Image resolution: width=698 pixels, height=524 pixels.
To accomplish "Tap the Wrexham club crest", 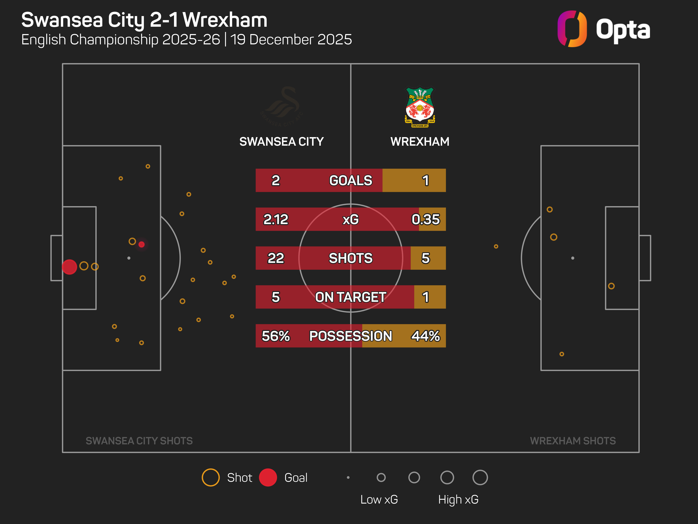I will pyautogui.click(x=420, y=107).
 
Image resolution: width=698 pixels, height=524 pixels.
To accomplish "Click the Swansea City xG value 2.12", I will pyautogui.click(x=276, y=219).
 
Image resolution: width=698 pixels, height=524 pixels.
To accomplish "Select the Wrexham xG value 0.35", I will pyautogui.click(x=425, y=219).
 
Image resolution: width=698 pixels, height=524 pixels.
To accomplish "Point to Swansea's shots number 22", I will pyautogui.click(x=276, y=258).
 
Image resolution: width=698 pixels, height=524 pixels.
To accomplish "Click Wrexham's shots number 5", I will pyautogui.click(x=425, y=258).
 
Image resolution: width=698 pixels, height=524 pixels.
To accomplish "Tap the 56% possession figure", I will pyautogui.click(x=276, y=336).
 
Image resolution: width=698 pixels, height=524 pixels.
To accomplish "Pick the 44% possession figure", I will pyautogui.click(x=425, y=336).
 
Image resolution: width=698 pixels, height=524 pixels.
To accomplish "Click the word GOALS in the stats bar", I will pyautogui.click(x=351, y=180).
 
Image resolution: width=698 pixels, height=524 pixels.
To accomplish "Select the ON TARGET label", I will pyautogui.click(x=351, y=297).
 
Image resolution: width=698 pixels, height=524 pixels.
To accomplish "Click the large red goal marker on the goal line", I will pyautogui.click(x=69, y=267).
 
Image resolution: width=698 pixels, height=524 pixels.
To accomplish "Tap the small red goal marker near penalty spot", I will pyautogui.click(x=141, y=244).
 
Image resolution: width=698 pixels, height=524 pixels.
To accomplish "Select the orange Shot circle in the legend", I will pyautogui.click(x=210, y=477).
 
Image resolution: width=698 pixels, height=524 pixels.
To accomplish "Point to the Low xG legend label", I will pyautogui.click(x=379, y=499).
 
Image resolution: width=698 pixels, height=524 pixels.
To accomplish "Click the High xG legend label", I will pyautogui.click(x=458, y=499).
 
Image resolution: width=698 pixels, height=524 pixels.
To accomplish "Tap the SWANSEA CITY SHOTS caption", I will pyautogui.click(x=139, y=441).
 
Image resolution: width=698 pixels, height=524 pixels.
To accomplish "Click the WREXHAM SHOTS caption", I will pyautogui.click(x=573, y=441).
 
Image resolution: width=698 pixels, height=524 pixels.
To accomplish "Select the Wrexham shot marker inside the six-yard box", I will pyautogui.click(x=611, y=286).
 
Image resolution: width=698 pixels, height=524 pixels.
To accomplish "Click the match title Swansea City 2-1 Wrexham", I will pyautogui.click(x=144, y=20).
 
